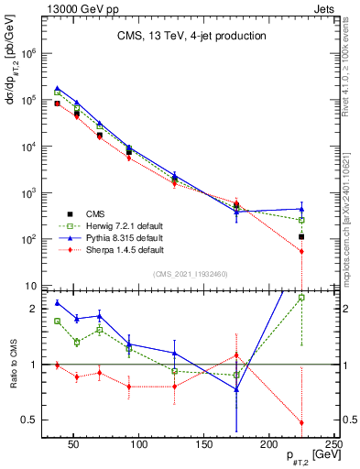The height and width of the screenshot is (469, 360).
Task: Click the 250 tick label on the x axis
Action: (x=333, y=444)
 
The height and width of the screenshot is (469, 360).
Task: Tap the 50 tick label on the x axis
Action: (x=75, y=444)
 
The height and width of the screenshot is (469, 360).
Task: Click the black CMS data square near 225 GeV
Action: (x=301, y=237)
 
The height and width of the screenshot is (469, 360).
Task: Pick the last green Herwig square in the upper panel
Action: (x=301, y=220)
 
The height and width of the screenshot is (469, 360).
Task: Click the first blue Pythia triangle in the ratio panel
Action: (x=57, y=303)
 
